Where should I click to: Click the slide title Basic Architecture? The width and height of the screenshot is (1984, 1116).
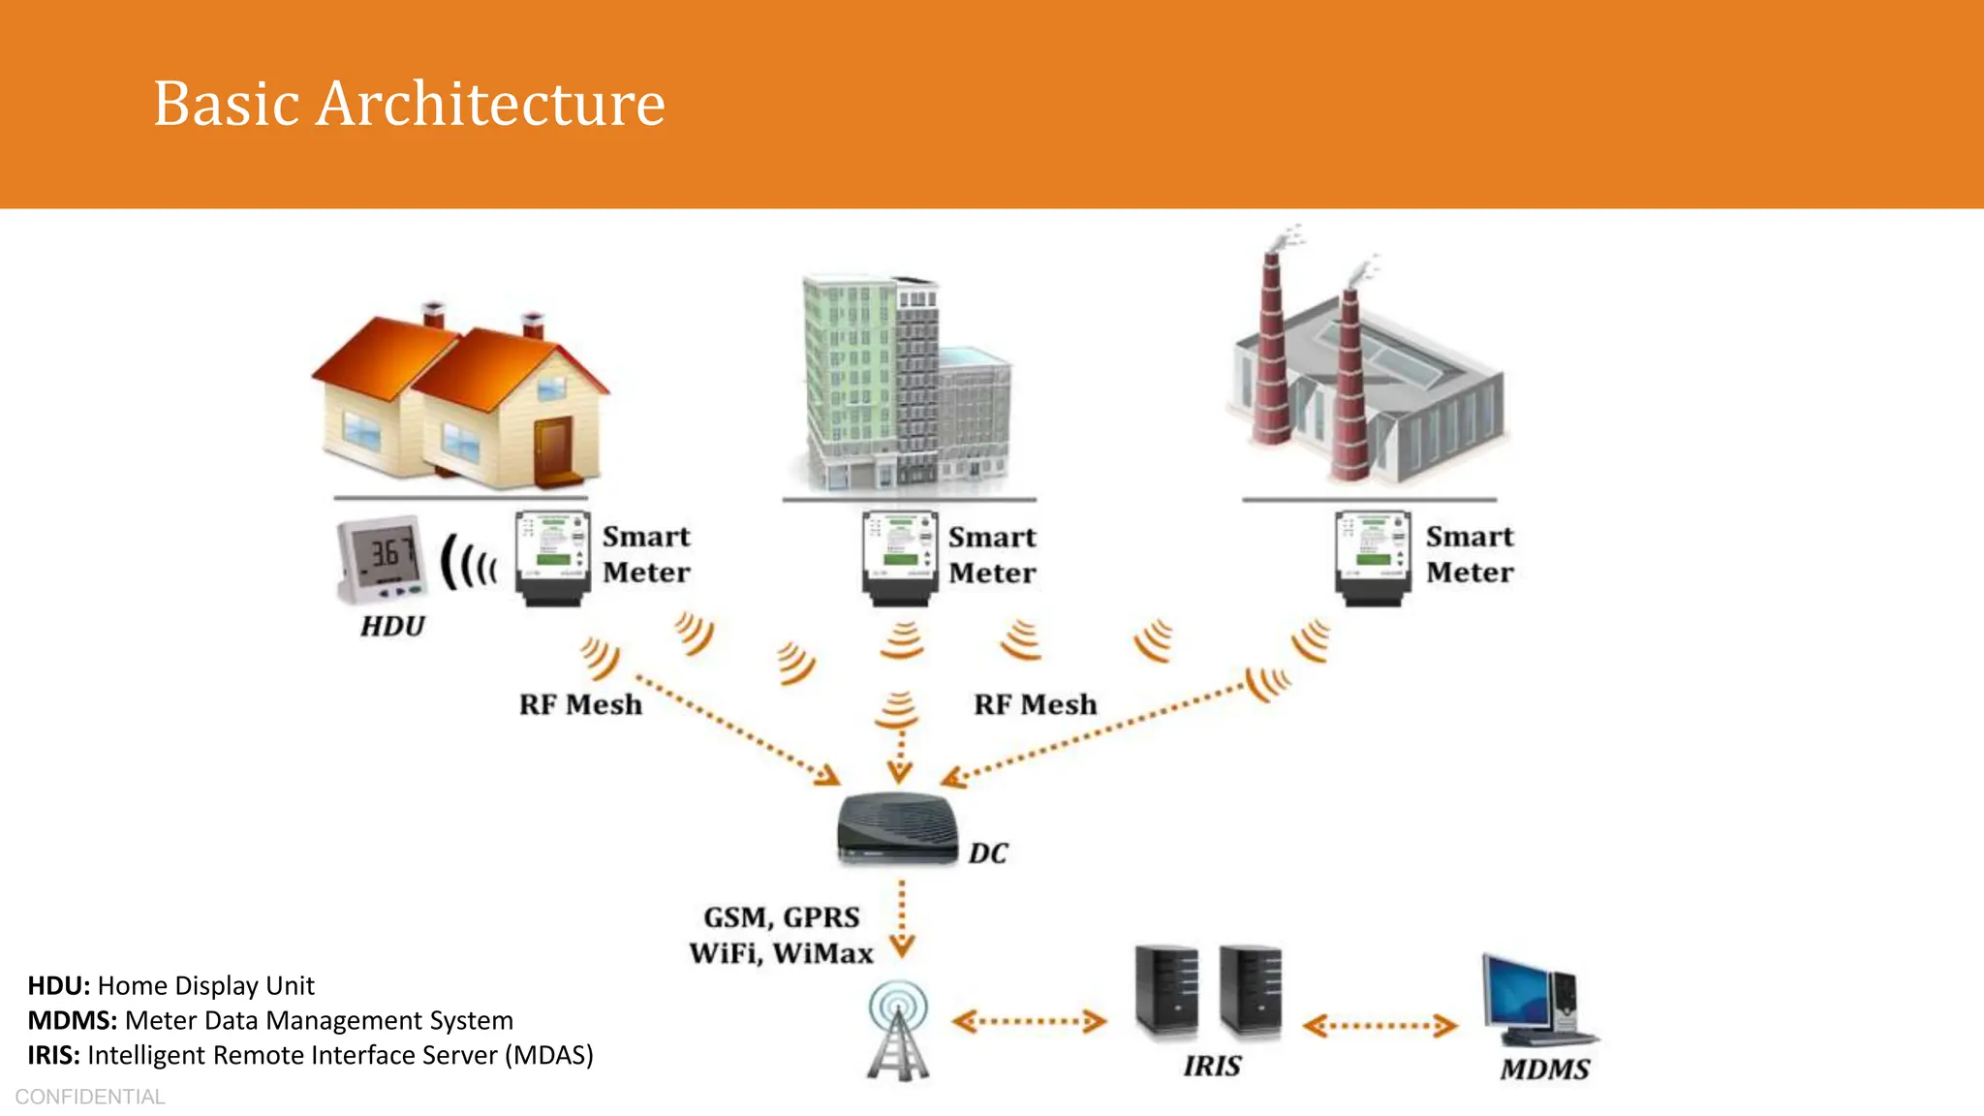tap(409, 104)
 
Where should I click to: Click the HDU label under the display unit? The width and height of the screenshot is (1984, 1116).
tap(392, 627)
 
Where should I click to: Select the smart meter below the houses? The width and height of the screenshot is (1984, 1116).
tap(552, 558)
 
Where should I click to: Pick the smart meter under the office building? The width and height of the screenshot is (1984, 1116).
tap(900, 558)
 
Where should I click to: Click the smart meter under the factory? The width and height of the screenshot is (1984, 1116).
tap(1372, 558)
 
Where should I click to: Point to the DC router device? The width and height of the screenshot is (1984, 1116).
tap(897, 829)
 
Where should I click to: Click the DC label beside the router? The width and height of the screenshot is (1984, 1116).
tap(988, 853)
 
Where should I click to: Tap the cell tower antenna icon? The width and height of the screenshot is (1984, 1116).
tap(898, 1031)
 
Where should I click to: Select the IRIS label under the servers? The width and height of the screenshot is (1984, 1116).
tap(1212, 1067)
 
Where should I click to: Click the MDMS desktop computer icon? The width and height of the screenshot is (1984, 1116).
tap(1534, 1002)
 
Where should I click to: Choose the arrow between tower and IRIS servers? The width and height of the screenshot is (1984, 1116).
tap(1029, 1021)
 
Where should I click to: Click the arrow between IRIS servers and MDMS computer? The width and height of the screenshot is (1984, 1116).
tap(1379, 1026)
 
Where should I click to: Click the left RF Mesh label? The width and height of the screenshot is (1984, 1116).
tap(580, 705)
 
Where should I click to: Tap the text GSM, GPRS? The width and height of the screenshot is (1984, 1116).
tap(781, 917)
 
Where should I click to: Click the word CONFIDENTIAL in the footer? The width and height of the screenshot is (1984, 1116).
tap(90, 1097)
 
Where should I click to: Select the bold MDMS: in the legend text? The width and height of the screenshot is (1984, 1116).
tap(72, 1020)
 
